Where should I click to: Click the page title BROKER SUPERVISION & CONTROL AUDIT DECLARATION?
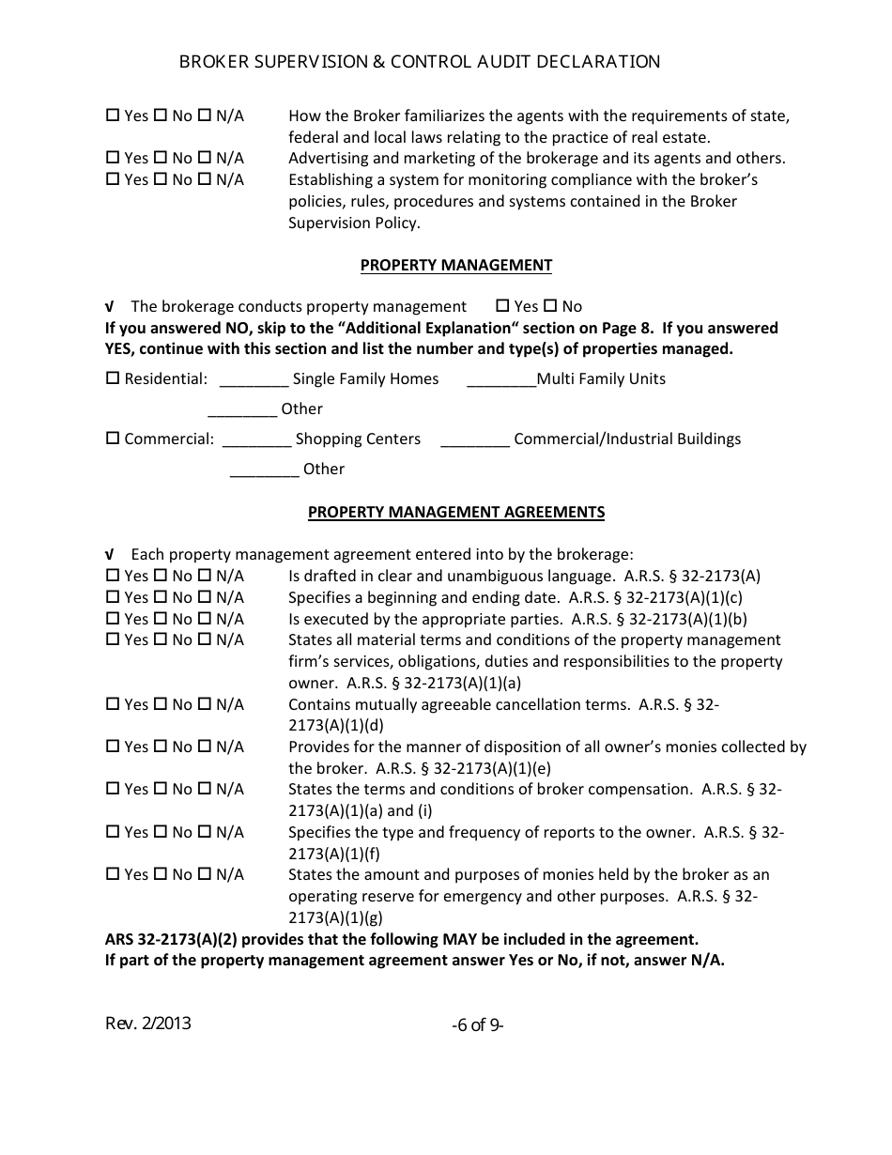tap(420, 62)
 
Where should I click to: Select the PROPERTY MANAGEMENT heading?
tap(456, 265)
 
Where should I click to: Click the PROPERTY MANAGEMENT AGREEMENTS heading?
tap(456, 512)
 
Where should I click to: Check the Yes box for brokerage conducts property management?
tap(502, 306)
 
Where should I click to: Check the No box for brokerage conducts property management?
tap(550, 306)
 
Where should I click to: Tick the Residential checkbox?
tap(113, 378)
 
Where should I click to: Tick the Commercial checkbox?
tap(113, 439)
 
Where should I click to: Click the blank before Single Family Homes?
tap(254, 380)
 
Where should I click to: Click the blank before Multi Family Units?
tap(500, 380)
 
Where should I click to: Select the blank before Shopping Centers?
tap(257, 440)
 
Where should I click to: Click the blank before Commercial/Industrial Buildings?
tap(474, 440)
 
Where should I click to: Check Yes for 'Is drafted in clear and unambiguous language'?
tap(113, 576)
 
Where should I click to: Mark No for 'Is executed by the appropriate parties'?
tap(160, 619)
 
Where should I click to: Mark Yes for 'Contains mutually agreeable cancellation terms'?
tap(113, 704)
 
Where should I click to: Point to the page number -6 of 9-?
tap(477, 1025)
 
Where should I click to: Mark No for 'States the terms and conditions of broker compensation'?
tap(160, 789)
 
